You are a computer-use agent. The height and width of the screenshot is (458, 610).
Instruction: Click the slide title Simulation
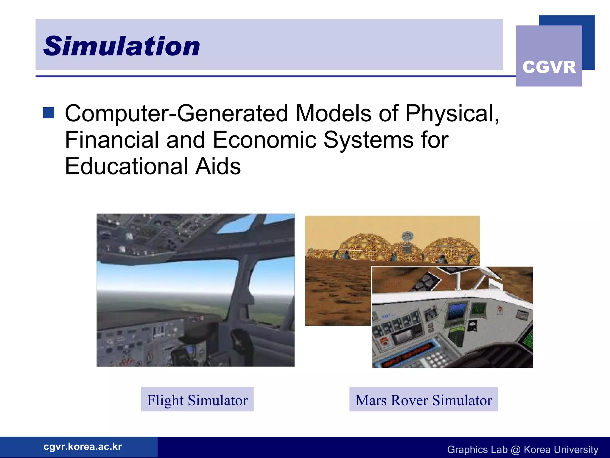[122, 46]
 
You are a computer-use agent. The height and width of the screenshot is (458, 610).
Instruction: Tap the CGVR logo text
[549, 67]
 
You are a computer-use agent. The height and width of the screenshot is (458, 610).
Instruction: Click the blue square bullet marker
[49, 113]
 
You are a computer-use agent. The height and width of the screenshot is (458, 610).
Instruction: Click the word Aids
[218, 166]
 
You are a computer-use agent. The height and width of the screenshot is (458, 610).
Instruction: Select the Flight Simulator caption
[197, 400]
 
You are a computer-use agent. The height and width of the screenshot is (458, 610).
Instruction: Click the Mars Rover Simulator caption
[424, 400]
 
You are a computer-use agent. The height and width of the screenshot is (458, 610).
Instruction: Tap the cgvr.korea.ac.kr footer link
[83, 447]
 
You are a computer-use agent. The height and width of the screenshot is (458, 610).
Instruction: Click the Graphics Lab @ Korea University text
[522, 449]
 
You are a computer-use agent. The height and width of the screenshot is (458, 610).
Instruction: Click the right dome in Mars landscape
[450, 249]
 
